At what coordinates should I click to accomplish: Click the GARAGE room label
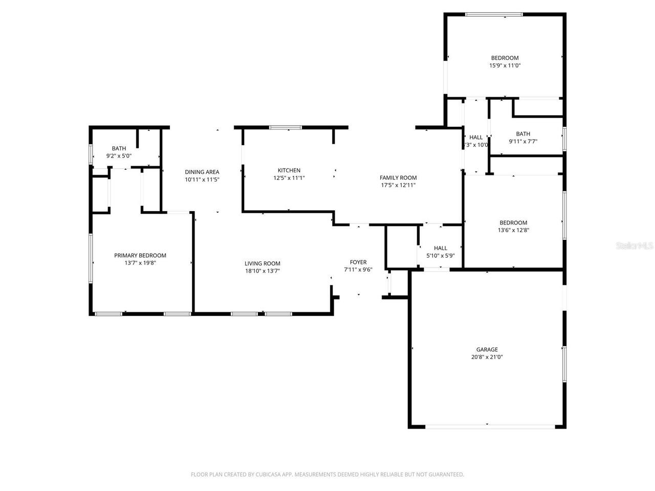click(x=487, y=350)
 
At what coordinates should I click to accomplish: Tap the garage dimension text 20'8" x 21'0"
click(x=487, y=358)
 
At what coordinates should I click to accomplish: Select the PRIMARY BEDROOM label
click(x=140, y=256)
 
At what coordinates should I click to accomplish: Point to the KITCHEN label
click(x=289, y=170)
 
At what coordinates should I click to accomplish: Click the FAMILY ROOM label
click(x=398, y=177)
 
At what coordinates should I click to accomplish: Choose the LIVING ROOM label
click(x=262, y=263)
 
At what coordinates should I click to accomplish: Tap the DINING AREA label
click(x=202, y=172)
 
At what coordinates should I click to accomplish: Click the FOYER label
click(x=358, y=262)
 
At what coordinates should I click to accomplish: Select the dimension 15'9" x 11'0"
click(x=505, y=65)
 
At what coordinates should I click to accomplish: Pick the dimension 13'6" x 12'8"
click(x=513, y=230)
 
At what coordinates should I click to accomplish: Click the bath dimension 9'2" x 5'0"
click(x=119, y=156)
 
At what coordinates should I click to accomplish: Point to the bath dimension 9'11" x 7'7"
click(x=522, y=142)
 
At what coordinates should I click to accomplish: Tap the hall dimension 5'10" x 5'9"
click(x=440, y=256)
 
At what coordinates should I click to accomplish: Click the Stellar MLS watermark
click(x=635, y=246)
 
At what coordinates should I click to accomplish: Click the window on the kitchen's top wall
click(x=286, y=127)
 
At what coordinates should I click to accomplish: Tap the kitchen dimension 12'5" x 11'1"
click(x=289, y=178)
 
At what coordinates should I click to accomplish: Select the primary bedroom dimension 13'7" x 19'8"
click(x=140, y=263)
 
